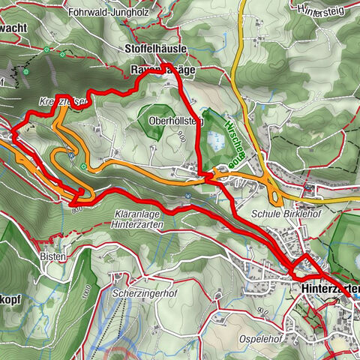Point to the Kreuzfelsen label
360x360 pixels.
(50, 101)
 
